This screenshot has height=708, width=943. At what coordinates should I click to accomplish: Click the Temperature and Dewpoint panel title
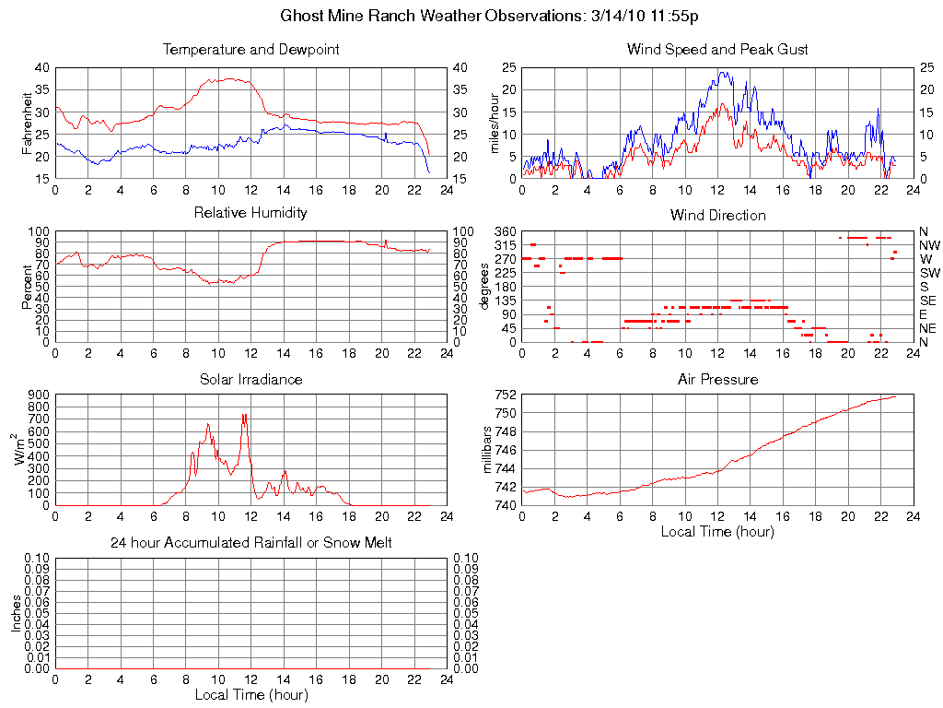coord(250,49)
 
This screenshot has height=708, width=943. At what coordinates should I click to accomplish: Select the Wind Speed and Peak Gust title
coord(717,49)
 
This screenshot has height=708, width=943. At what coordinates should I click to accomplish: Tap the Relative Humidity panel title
coord(250,213)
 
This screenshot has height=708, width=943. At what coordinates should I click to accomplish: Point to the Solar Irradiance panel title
coord(250,379)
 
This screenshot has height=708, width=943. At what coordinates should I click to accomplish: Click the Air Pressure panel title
coord(717,379)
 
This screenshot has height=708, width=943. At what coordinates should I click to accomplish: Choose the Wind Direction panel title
coord(717,215)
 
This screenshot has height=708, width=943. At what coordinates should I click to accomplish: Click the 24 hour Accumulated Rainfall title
coord(250,543)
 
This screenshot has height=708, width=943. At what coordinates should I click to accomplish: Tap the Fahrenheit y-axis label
coord(28,123)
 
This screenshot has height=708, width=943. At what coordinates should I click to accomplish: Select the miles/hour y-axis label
coord(495,123)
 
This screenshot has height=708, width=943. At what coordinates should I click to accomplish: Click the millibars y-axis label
coord(489,450)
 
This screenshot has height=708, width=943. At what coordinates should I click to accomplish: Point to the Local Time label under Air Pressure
coord(717,531)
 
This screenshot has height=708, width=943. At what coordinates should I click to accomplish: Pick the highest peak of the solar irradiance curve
coord(244,415)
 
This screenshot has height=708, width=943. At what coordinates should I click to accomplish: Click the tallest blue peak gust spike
coord(721,72)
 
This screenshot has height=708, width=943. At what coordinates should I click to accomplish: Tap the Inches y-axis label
coord(17,613)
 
